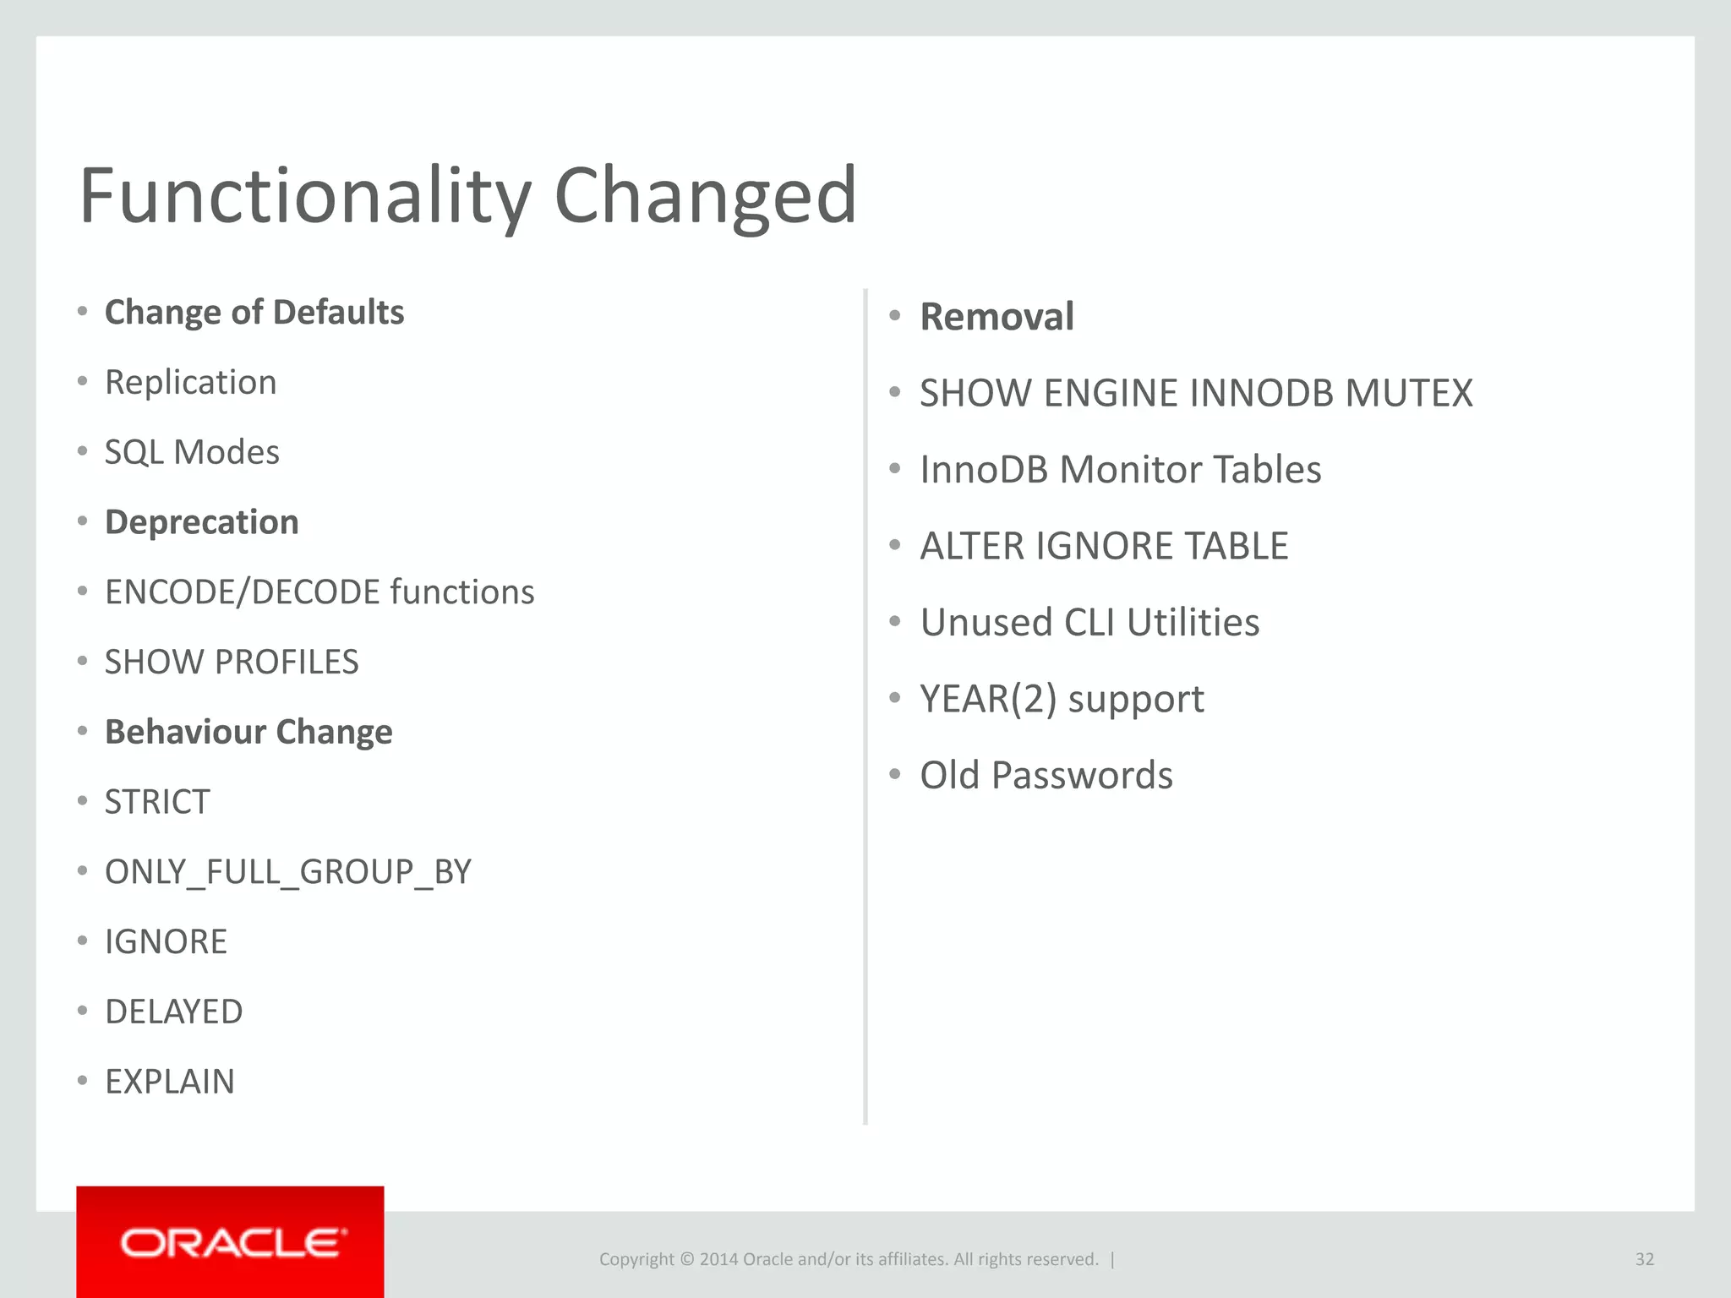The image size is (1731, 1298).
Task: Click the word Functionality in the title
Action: tap(304, 196)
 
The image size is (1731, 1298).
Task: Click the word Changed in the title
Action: tap(705, 196)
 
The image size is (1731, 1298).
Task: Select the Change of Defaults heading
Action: tap(254, 313)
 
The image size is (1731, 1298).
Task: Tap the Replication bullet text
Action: tap(190, 383)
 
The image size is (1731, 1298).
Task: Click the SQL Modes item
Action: tap(192, 453)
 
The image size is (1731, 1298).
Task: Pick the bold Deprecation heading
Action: tap(201, 522)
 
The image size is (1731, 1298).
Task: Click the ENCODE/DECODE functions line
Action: tap(319, 592)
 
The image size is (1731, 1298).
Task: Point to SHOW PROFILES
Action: tap(232, 663)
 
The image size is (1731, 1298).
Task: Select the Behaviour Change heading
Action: tap(248, 732)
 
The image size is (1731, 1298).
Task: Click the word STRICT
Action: tap(157, 802)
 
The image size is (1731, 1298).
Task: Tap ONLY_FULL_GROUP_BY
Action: tap(287, 872)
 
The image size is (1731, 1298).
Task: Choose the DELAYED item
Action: tap(173, 1012)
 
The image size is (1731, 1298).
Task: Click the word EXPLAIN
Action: tap(169, 1082)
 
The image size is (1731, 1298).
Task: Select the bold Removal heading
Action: tap(997, 317)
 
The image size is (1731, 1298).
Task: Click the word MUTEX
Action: tap(1408, 394)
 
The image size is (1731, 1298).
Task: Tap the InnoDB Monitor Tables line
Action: tap(1120, 470)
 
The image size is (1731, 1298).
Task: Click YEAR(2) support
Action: tap(1062, 700)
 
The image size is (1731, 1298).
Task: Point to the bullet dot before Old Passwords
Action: tap(895, 774)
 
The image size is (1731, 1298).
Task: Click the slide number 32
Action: tap(1644, 1259)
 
